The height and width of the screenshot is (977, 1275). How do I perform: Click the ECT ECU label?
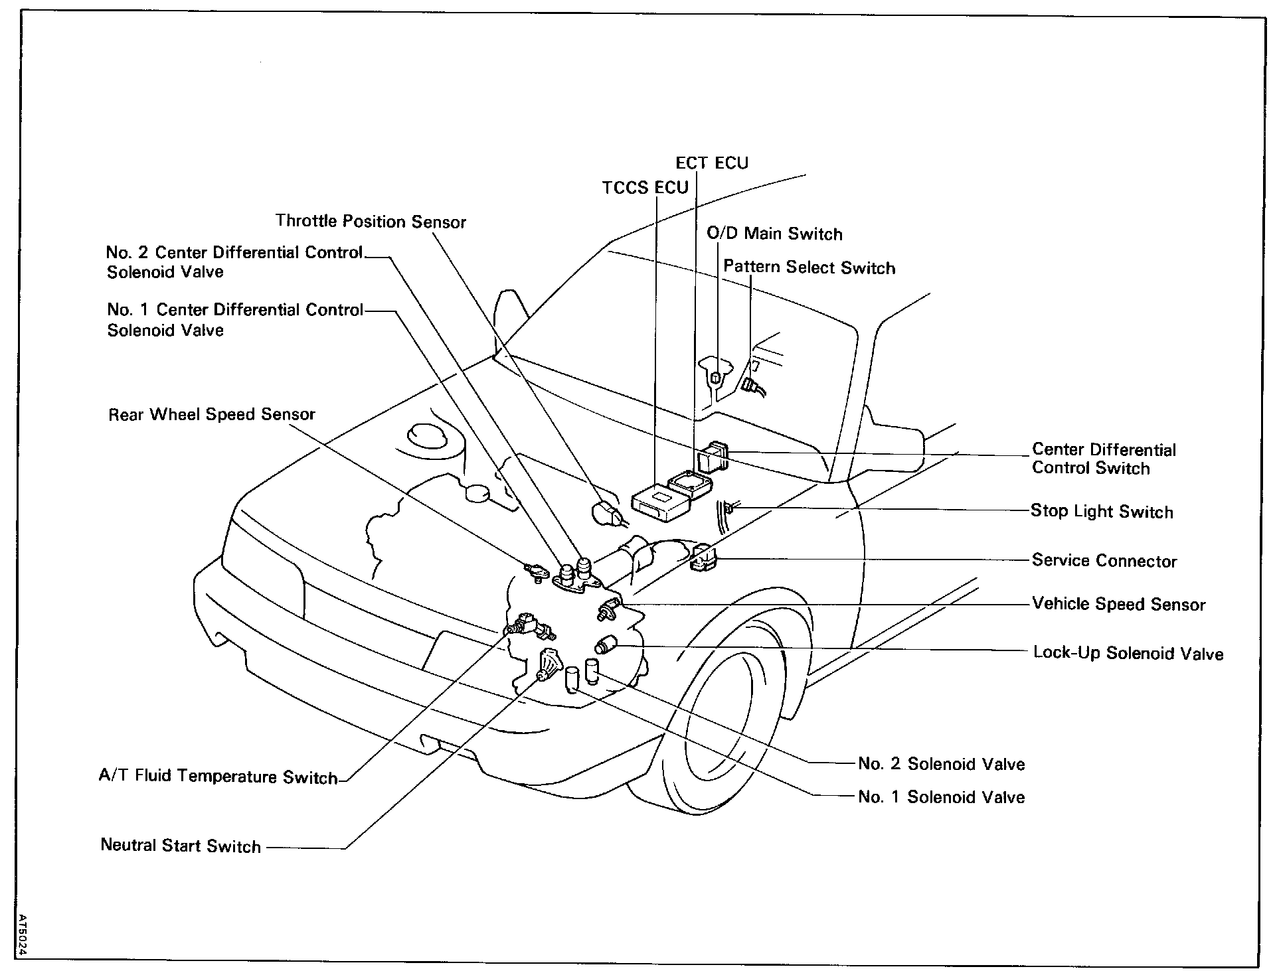click(711, 163)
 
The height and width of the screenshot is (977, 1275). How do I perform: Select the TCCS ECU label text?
click(645, 188)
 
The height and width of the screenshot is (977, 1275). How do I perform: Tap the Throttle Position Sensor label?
click(371, 221)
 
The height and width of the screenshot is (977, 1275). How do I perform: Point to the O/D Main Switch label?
click(774, 234)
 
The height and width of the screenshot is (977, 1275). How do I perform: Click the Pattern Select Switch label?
click(809, 267)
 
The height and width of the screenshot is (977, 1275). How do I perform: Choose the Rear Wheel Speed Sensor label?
click(212, 414)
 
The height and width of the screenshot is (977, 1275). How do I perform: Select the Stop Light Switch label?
click(1101, 511)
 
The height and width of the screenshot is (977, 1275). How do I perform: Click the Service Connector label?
click(1104, 560)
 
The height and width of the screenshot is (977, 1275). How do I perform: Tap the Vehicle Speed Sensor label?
click(1118, 604)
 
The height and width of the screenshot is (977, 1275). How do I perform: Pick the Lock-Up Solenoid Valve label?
click(1128, 653)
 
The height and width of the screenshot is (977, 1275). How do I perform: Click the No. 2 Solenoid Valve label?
click(941, 763)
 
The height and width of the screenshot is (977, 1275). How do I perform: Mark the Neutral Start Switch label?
click(181, 846)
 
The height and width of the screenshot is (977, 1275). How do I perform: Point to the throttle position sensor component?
click(606, 513)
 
